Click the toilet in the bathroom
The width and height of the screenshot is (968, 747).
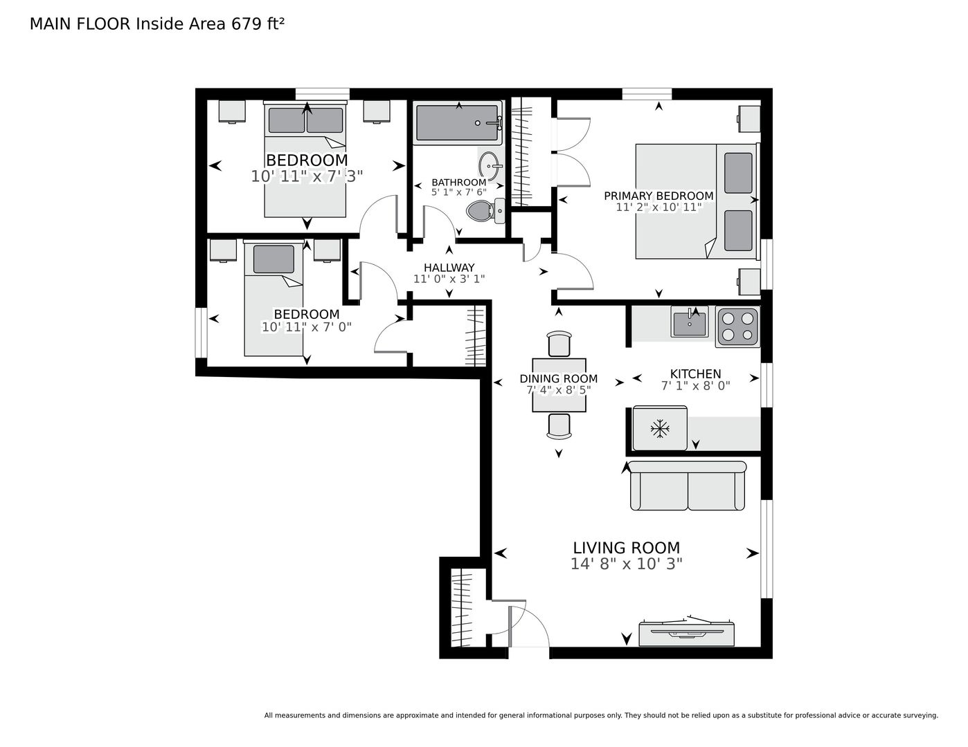tap(485, 210)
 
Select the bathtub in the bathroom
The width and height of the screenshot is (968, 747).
tap(458, 123)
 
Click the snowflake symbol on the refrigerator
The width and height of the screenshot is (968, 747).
tap(660, 429)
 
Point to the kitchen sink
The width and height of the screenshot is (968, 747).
tap(690, 322)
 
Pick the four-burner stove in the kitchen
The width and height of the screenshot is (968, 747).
tap(737, 326)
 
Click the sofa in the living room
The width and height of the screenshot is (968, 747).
tap(688, 486)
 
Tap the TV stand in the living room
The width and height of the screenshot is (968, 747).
tap(686, 633)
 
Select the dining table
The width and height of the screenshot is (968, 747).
tap(559, 385)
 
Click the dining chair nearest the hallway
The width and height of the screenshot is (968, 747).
tap(559, 344)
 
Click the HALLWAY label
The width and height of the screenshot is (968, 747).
tap(449, 268)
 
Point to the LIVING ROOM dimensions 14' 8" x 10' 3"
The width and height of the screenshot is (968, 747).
tap(627, 564)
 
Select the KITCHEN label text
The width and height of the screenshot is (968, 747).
tap(695, 373)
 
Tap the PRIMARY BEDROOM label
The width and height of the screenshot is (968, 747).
tap(658, 196)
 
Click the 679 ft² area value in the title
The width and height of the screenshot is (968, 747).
tap(257, 24)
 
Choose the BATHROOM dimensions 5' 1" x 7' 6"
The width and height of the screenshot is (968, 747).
tap(459, 192)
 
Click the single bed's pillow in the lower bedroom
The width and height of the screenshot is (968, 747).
tap(274, 259)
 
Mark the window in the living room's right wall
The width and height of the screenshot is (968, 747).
tap(767, 549)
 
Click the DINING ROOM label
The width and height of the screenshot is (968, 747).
tap(559, 378)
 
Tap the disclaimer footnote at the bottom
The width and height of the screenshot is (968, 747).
tap(601, 716)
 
